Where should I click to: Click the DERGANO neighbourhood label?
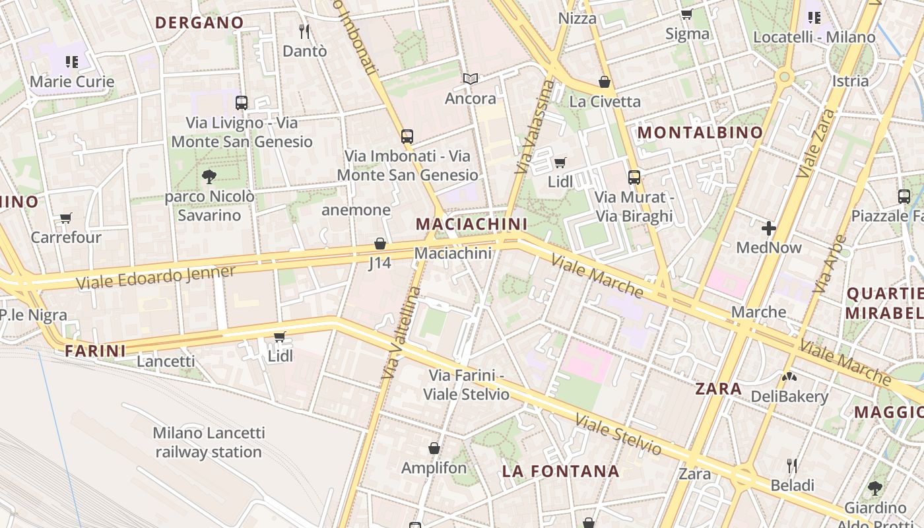click(199, 22)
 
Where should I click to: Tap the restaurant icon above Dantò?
click(304, 31)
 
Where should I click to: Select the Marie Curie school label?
click(73, 82)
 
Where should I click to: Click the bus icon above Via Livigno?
click(242, 103)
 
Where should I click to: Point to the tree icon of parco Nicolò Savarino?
click(209, 176)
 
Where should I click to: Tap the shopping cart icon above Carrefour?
click(65, 218)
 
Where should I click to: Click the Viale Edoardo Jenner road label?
click(156, 278)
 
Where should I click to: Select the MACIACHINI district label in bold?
click(471, 224)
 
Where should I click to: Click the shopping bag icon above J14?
click(379, 244)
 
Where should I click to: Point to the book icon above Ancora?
click(470, 79)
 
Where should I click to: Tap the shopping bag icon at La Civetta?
click(604, 82)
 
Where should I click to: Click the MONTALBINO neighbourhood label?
click(700, 133)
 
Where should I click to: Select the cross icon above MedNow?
click(769, 228)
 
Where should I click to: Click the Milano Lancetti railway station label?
click(209, 442)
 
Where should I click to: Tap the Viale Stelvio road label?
click(618, 435)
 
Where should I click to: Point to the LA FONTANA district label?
click(560, 471)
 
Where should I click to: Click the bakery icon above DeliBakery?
click(789, 377)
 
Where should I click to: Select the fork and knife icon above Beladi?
click(792, 466)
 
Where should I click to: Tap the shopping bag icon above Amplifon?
click(434, 449)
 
